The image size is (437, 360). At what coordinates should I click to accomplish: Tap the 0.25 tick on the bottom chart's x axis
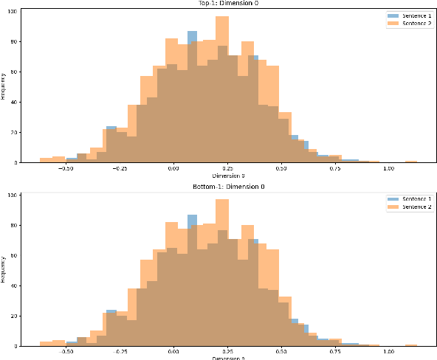pos(227,352)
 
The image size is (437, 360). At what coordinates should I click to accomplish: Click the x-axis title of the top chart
pos(228,176)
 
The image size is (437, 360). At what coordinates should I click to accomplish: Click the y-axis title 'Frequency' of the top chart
pos(4,86)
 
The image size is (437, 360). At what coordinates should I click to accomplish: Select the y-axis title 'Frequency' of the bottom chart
pos(4,269)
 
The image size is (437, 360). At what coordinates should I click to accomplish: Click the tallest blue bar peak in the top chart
pos(192,34)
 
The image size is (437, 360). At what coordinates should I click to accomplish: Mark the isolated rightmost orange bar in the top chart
pos(410,162)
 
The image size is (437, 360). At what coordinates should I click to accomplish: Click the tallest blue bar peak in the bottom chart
pos(192,218)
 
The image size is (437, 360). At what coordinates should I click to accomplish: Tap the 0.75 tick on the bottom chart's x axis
pos(335,352)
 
